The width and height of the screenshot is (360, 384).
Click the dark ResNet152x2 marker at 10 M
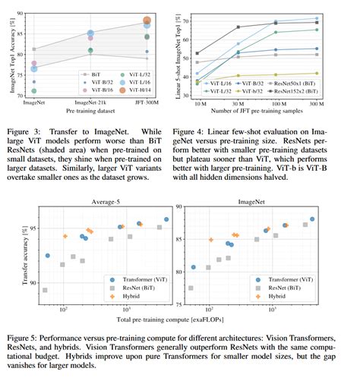point(197,53)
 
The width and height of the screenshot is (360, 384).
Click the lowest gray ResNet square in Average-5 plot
point(45,290)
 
